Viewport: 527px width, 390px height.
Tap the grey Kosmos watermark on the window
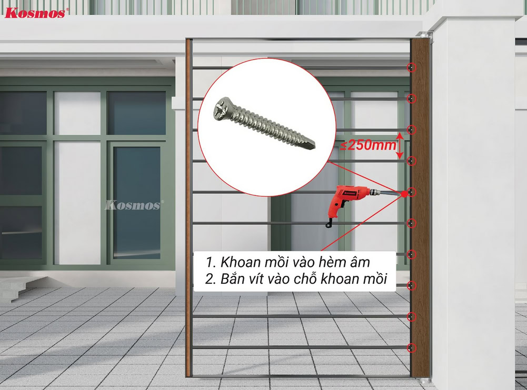click(x=134, y=205)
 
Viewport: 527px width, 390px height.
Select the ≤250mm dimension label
click(x=367, y=145)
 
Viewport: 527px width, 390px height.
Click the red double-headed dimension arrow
click(x=400, y=145)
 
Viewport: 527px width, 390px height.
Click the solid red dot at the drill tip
click(x=404, y=194)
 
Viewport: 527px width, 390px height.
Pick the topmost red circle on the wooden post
click(x=411, y=67)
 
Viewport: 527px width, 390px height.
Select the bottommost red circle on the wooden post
click(x=411, y=348)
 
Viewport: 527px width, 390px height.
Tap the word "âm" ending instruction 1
click(x=360, y=262)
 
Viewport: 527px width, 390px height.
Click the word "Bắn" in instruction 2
click(x=232, y=278)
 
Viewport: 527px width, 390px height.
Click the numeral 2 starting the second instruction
click(x=210, y=279)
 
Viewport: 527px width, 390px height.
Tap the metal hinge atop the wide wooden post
click(x=423, y=34)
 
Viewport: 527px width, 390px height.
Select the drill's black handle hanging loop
click(x=330, y=223)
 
